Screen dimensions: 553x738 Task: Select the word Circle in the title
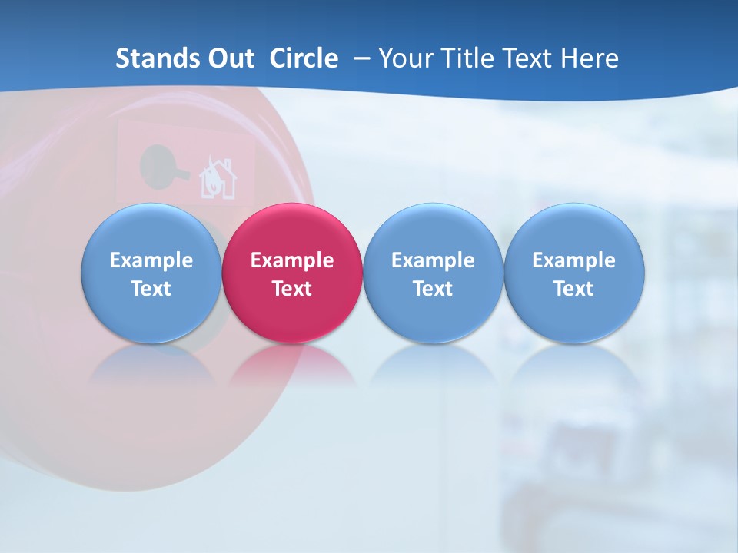point(304,58)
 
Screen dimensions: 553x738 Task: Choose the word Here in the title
point(588,58)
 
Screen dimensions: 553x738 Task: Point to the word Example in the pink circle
point(292,260)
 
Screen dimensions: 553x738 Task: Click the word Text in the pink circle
point(292,289)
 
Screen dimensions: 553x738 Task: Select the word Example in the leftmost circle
point(151,260)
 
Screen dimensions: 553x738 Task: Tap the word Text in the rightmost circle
point(574,289)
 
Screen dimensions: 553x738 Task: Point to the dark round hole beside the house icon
point(157,164)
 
